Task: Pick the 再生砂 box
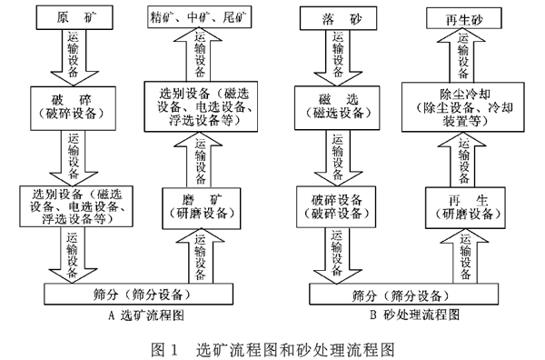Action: pos(463,17)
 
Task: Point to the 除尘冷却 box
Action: pos(463,105)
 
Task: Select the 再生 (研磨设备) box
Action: pos(463,206)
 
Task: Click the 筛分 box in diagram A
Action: pos(150,294)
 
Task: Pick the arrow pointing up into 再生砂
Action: pos(464,55)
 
